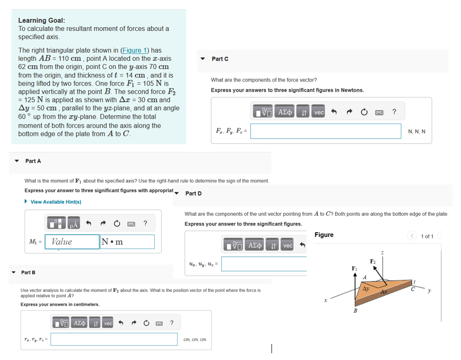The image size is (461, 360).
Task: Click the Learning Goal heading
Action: pos(41,20)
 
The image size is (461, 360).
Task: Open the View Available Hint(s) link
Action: pos(55,202)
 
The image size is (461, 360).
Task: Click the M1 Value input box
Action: pos(72,242)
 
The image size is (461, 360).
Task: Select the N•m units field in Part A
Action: pos(127,242)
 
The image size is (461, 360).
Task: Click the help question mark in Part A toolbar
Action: pos(145,223)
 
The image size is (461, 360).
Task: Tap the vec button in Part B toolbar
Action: pos(107,323)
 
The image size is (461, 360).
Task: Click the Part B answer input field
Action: pos(114,339)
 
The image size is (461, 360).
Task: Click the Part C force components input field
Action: pos(325,131)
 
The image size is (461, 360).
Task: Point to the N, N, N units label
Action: pos(416,131)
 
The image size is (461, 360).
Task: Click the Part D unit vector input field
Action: pos(264,263)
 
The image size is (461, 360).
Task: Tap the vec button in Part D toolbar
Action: pos(288,246)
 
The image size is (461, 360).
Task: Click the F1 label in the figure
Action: pos(354,268)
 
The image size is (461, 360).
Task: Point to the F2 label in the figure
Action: pos(373,261)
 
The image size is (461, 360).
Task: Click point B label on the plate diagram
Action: pos(355,310)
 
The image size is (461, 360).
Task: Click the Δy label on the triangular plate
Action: pos(366,289)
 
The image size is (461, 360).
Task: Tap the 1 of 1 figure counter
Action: pos(427,236)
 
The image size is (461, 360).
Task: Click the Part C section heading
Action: pos(220,59)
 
